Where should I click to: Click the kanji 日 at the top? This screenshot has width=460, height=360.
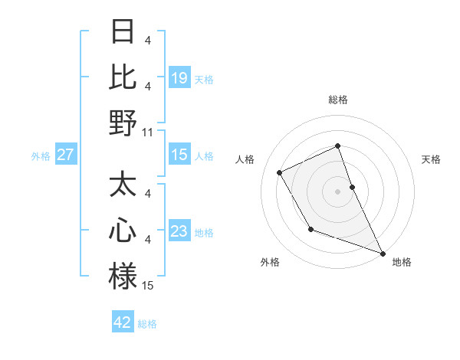coord(123,32)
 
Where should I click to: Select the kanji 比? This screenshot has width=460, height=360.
coord(123,77)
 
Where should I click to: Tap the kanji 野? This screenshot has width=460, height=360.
coord(123,123)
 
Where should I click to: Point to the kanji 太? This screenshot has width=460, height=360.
coord(123,185)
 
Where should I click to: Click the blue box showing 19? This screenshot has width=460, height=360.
coord(179,77)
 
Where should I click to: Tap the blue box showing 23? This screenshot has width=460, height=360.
coord(179,231)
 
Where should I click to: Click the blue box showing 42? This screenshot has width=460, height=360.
coord(123,322)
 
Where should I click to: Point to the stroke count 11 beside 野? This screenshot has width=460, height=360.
coord(149,132)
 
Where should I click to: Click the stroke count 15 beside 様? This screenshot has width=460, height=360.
coord(149,285)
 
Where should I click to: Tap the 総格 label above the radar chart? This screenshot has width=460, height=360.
coord(338,100)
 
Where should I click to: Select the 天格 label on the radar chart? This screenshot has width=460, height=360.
coord(431,159)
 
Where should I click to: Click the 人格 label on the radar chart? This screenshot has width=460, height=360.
coord(245,159)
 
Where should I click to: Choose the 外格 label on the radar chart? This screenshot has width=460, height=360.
coord(270,262)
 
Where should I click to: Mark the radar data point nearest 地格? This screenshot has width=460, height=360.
coord(383,254)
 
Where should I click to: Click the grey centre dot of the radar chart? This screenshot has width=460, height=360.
coord(337,191)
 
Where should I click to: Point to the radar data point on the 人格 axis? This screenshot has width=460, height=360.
coord(280,172)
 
